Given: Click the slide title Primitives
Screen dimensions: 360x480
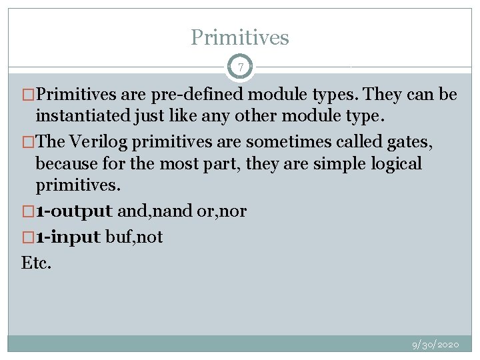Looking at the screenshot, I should coord(240,37).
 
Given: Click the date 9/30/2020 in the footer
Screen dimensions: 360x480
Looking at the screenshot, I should coord(435,345).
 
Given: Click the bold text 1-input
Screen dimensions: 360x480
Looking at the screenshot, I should coord(69,237).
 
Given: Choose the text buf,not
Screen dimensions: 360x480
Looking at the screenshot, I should coord(135,237).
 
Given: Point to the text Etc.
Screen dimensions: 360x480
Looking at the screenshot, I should coord(36,262).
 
